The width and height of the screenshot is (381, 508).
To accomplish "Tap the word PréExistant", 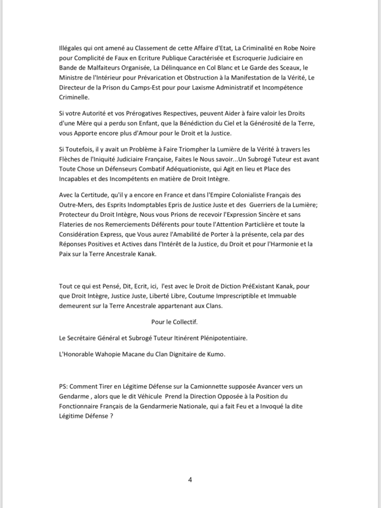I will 240,286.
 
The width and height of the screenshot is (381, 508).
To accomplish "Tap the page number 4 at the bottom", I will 190,480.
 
